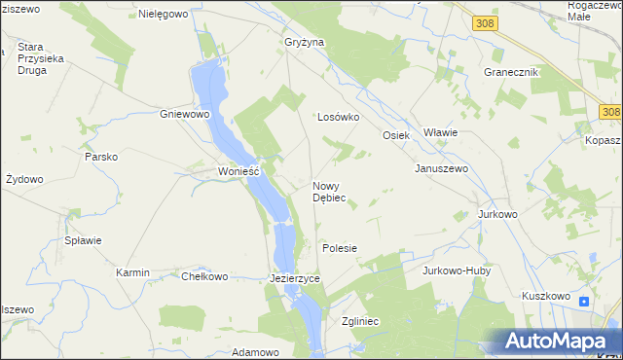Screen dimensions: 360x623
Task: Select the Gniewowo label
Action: click(186, 114)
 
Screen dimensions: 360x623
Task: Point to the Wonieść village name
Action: click(238, 171)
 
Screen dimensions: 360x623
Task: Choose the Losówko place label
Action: click(339, 117)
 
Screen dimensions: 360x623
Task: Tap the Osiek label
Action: click(396, 135)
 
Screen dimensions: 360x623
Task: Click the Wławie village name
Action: click(441, 132)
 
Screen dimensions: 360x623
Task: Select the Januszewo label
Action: click(442, 168)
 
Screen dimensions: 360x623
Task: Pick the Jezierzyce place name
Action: click(294, 278)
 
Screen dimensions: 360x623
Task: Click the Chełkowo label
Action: click(204, 276)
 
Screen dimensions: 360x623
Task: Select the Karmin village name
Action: click(132, 273)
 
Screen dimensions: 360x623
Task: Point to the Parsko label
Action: click(101, 157)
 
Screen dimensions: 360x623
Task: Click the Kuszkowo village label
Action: click(545, 296)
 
